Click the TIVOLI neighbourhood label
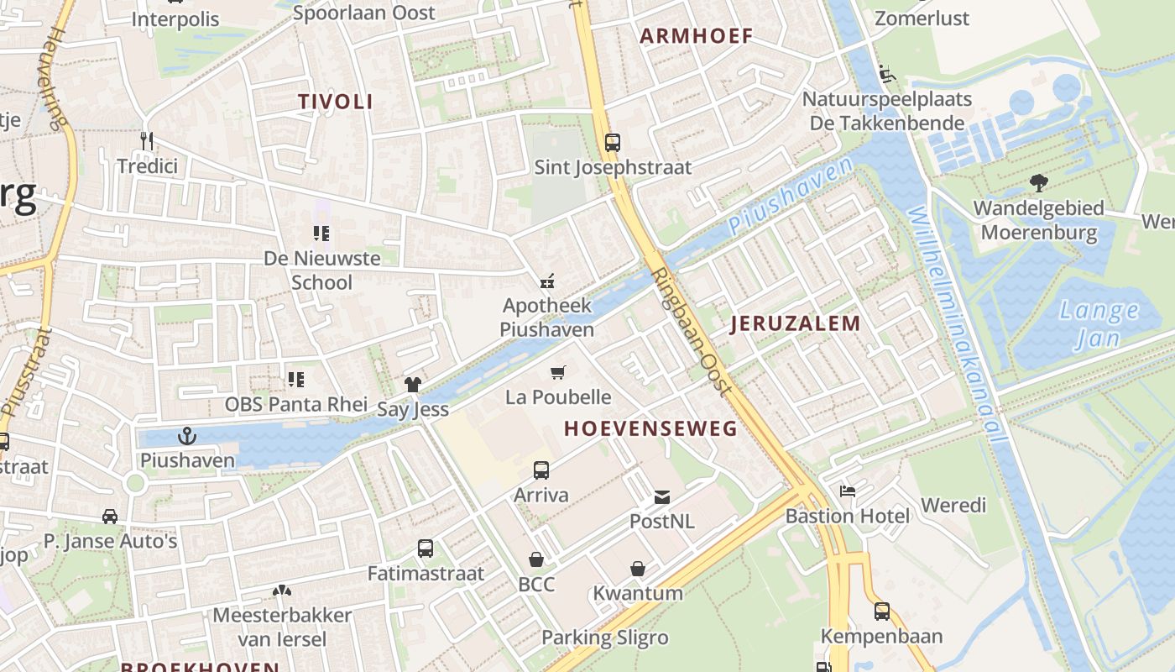[x=336, y=102]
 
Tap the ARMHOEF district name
[x=697, y=36]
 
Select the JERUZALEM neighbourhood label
[x=795, y=323]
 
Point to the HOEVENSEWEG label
[x=650, y=428]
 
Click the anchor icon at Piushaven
[x=187, y=435]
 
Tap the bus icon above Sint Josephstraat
[x=613, y=142]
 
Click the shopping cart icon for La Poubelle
[x=558, y=372]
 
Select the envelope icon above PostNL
[x=662, y=497]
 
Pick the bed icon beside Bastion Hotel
[x=848, y=491]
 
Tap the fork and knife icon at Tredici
[x=147, y=140]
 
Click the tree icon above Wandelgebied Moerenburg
[x=1038, y=182]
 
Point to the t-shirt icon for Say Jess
[x=412, y=385]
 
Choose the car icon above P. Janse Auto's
[x=110, y=516]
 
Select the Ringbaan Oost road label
[x=692, y=332]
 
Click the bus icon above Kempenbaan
[x=881, y=611]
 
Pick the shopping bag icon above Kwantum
[x=638, y=569]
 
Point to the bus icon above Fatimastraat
[x=426, y=549]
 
